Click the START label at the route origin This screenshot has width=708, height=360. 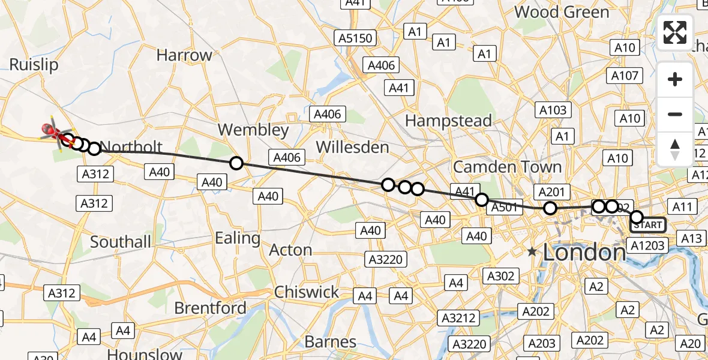click(649, 225)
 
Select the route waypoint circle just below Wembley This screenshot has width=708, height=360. click(236, 163)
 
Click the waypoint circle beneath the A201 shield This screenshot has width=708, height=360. click(550, 208)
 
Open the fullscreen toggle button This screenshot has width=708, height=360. click(675, 32)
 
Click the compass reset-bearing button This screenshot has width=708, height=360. click(675, 149)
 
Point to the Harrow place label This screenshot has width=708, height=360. click(184, 55)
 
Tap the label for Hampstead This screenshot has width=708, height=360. click(448, 121)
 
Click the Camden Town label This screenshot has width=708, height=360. click(507, 167)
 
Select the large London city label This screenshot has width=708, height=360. click(584, 253)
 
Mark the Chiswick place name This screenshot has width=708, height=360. click(307, 292)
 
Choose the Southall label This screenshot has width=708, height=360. click(121, 242)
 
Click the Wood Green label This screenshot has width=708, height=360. click(561, 12)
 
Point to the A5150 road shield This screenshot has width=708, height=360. click(355, 39)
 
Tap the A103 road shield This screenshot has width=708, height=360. click(553, 110)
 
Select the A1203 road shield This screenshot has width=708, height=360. click(646, 245)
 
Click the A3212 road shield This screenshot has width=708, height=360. click(458, 318)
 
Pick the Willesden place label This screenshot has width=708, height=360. click(352, 147)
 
